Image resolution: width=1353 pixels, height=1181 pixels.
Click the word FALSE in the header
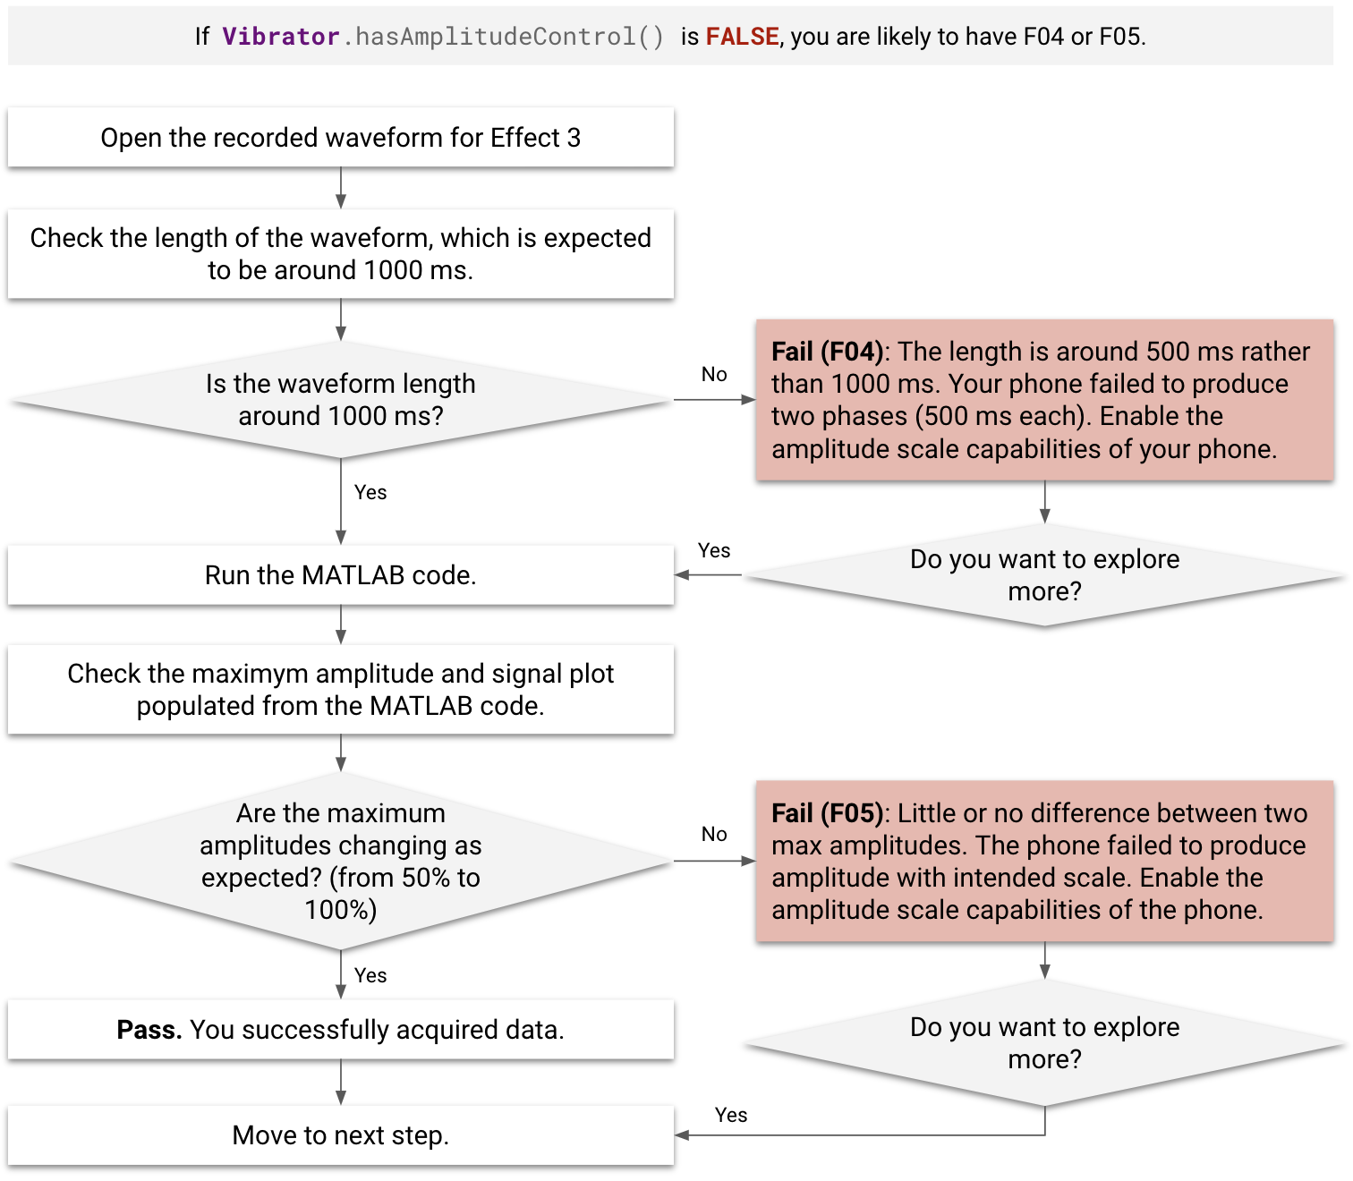point(742,37)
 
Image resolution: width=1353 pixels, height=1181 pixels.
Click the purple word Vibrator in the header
point(281,37)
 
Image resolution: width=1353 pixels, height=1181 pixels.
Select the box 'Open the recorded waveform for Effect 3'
point(340,138)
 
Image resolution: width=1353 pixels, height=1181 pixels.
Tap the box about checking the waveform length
point(340,254)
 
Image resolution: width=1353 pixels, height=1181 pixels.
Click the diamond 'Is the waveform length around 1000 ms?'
point(340,400)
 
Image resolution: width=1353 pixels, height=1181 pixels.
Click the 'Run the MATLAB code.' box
point(340,575)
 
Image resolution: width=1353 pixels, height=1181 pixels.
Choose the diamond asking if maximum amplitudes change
point(340,861)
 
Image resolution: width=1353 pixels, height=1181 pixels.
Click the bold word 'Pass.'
point(149,1030)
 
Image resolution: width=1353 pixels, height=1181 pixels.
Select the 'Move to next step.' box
point(340,1135)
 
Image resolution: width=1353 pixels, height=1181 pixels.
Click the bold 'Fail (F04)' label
point(827,352)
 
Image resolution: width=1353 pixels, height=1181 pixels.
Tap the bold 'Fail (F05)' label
point(827,813)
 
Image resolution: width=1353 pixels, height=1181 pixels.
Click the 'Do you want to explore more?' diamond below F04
point(1044,575)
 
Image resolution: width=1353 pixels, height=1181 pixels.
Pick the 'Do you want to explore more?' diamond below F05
point(1044,1043)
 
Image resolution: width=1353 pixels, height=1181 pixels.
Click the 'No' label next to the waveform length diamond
point(714,375)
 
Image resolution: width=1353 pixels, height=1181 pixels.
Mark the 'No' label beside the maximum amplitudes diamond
point(714,835)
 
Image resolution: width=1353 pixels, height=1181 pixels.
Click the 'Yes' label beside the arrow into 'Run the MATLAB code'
point(714,551)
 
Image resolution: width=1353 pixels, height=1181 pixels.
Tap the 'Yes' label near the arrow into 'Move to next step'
point(731,1116)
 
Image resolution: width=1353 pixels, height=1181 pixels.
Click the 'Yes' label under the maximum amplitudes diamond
point(370,976)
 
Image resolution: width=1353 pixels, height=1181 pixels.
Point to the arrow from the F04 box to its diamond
point(1044,503)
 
